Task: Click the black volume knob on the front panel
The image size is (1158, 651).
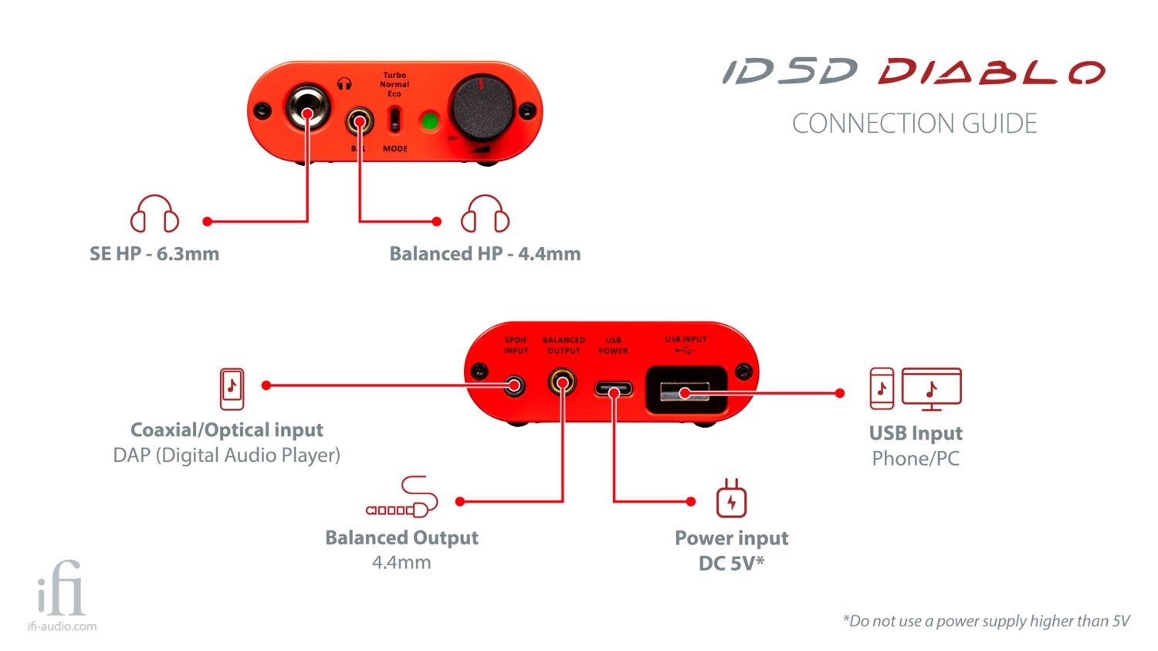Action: coord(482,108)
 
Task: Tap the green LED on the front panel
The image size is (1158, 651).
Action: coord(429,121)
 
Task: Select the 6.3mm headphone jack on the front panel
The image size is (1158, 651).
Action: coord(307,111)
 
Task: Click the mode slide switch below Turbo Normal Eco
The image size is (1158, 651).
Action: coord(394,120)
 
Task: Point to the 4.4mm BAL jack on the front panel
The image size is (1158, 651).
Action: coord(359,120)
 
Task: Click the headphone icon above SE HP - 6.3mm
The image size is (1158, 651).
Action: coord(154,214)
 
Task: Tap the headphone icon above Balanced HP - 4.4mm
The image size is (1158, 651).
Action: coord(485,214)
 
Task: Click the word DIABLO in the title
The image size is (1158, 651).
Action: coord(991,73)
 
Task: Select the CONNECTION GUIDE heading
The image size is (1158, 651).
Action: coord(914,124)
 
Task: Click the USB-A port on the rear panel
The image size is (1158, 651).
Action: coord(686,391)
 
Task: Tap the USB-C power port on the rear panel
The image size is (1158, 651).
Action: coord(614,389)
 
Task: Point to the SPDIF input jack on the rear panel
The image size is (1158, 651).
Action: coord(514,385)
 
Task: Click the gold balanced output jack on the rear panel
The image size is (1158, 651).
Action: coord(562,382)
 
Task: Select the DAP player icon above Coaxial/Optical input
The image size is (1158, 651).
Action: coord(232,388)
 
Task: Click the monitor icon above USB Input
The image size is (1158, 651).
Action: coord(932,388)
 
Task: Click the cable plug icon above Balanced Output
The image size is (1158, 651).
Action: coord(402,498)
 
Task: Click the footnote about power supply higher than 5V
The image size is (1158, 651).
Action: coord(986,621)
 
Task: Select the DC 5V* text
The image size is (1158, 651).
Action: coord(731,563)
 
